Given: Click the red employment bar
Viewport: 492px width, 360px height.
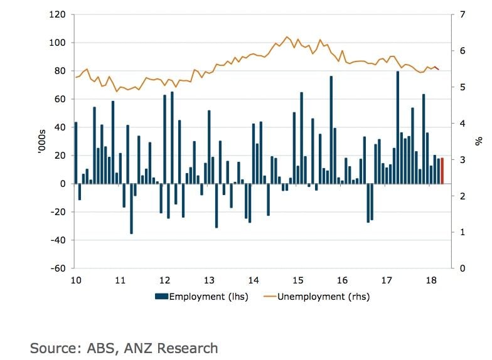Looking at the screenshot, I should pyautogui.click(x=442, y=171).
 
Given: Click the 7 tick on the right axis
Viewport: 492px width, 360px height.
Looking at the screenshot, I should pyautogui.click(x=463, y=14).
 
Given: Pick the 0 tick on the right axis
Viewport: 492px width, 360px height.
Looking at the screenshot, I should pyautogui.click(x=463, y=268).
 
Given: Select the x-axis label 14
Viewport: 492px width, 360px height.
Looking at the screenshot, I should pyautogui.click(x=254, y=280).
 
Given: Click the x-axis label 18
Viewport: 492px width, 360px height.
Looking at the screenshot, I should pyautogui.click(x=431, y=280).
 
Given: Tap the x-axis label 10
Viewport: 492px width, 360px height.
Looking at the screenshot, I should pyautogui.click(x=75, y=280).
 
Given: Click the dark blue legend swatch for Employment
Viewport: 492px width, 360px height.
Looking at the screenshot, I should pyautogui.click(x=161, y=297).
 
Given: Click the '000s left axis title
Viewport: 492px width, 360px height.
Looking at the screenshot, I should pyautogui.click(x=43, y=141).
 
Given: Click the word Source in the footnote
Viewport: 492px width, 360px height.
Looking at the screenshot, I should pyautogui.click(x=55, y=348).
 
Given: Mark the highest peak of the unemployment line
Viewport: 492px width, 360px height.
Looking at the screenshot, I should pyautogui.click(x=287, y=36).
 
